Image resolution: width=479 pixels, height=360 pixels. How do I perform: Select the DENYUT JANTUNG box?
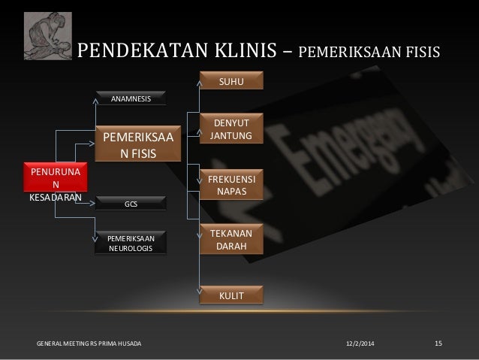231,129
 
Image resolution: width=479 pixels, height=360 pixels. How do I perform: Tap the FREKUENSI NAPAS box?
231,183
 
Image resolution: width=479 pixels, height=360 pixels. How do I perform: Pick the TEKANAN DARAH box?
231,238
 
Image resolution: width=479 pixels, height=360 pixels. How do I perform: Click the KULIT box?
231,295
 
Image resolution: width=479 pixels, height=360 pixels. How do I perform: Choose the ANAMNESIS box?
131,98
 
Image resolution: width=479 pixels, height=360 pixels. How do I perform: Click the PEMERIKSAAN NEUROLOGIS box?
131,244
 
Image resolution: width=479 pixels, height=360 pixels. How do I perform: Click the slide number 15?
439,343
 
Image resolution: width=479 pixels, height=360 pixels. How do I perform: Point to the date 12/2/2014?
359,343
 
